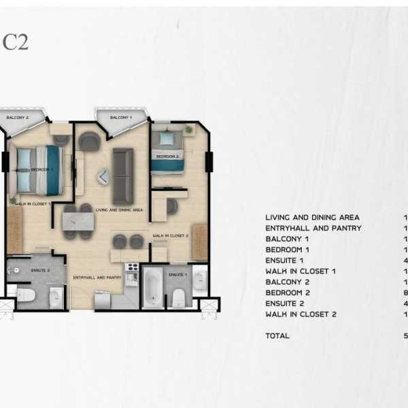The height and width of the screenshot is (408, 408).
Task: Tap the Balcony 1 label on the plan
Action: coord(121,118)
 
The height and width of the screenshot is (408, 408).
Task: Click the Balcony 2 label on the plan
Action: coord(18,118)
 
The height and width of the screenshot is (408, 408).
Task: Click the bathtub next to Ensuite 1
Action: coord(152,288)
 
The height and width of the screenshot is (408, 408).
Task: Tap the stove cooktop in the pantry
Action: coord(131,269)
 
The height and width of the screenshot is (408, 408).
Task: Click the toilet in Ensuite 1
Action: coord(179,297)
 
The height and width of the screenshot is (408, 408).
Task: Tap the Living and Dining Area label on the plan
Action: coord(119,210)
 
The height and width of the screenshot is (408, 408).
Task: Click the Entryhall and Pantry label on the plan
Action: coord(97,277)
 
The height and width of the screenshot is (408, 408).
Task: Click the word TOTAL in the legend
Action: coord(277,335)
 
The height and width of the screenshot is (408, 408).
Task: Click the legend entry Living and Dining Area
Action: coord(312,218)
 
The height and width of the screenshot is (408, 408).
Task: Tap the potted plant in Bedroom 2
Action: coord(188,129)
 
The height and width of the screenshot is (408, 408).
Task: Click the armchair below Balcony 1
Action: coord(89,141)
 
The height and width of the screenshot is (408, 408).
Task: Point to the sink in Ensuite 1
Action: coord(199,280)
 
